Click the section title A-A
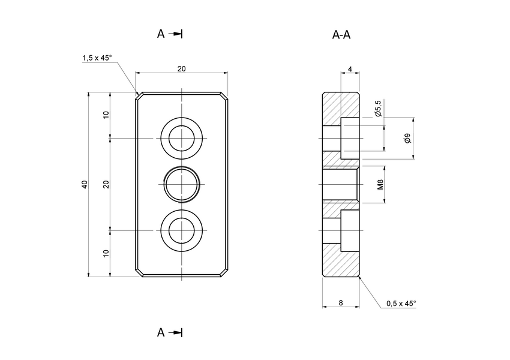click(x=341, y=35)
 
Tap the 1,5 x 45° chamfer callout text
click(x=97, y=58)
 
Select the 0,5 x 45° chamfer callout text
click(x=401, y=304)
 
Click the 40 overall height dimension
click(x=85, y=184)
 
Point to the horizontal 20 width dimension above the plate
click(x=181, y=68)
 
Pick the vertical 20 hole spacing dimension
click(x=106, y=184)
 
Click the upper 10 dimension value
click(x=106, y=115)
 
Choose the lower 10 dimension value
click(x=106, y=253)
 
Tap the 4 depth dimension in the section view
click(x=350, y=70)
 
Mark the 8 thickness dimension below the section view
click(x=341, y=303)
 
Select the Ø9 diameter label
click(x=407, y=139)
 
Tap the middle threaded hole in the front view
click(x=182, y=184)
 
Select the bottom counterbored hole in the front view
click(x=182, y=230)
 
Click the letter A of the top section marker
click(x=161, y=34)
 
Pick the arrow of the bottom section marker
click(x=175, y=332)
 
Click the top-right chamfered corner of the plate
click(x=225, y=95)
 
